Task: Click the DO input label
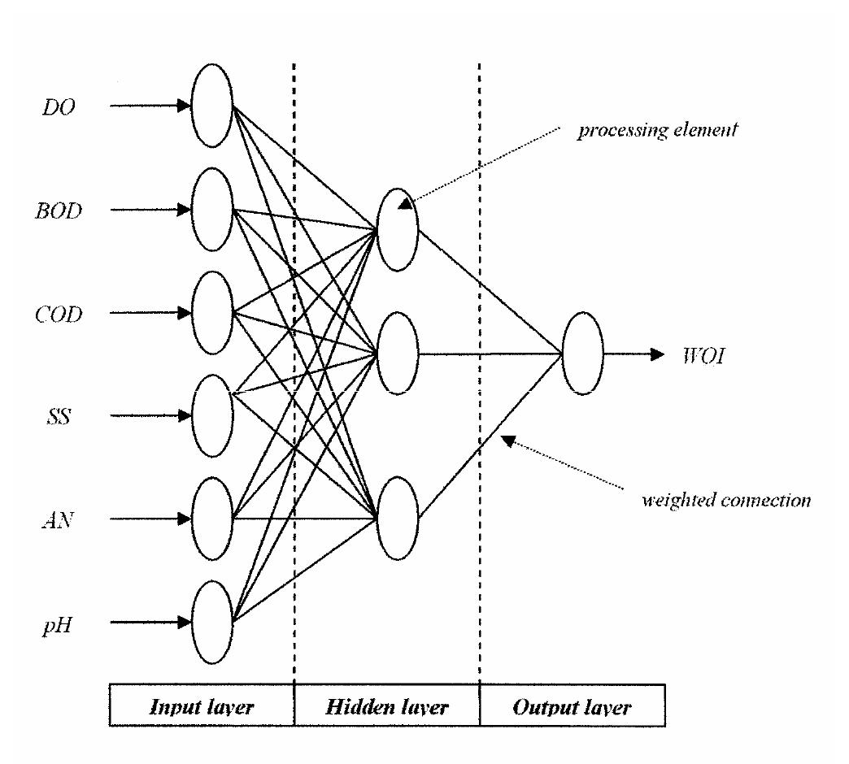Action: click(x=59, y=106)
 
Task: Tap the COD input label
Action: click(x=59, y=314)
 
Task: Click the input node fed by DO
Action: click(x=211, y=106)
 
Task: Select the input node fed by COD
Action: click(x=211, y=313)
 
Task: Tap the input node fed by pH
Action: click(x=211, y=623)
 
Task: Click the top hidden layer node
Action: click(x=397, y=230)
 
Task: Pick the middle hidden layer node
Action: click(x=397, y=354)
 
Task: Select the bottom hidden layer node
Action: click(x=397, y=519)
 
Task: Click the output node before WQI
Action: click(x=582, y=354)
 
